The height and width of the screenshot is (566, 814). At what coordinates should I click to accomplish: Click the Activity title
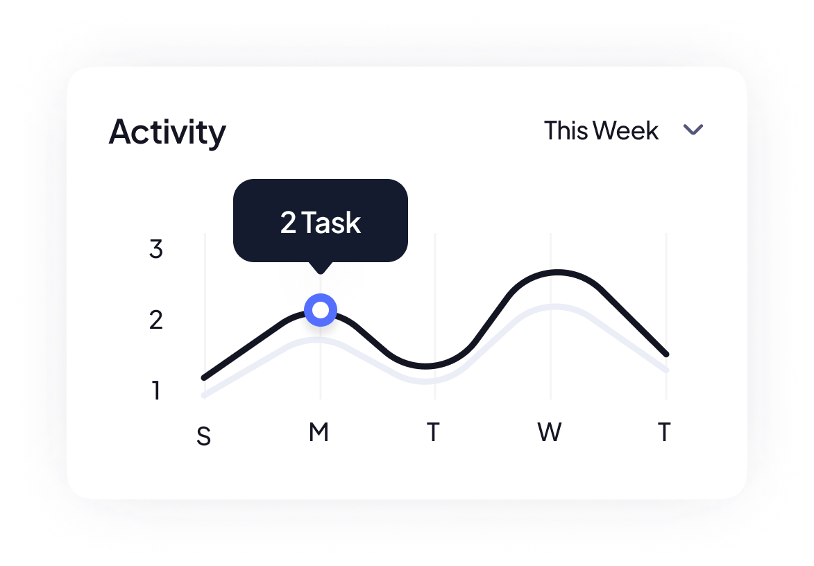point(167,132)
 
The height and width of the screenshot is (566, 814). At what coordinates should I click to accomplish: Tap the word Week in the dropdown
point(626,130)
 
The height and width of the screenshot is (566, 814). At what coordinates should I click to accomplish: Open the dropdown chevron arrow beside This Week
point(693,129)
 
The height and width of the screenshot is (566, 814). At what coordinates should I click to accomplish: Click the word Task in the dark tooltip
point(331,223)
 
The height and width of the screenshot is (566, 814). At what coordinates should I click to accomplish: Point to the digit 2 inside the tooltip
point(288,223)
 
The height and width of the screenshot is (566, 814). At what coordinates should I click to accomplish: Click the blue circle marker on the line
point(321,310)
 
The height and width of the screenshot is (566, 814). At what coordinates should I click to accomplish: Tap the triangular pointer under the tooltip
point(321,268)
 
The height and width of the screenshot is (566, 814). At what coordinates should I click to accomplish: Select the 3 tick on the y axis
point(155,248)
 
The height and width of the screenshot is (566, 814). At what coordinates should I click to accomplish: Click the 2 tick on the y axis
point(155,320)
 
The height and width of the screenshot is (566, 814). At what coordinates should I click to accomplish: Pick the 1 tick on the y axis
point(156,390)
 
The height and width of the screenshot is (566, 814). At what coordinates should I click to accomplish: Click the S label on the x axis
point(204,436)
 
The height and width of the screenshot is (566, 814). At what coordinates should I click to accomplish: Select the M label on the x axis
point(319,431)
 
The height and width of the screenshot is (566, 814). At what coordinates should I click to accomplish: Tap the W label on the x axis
point(549,431)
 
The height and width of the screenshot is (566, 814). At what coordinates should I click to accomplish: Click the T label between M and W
point(433,431)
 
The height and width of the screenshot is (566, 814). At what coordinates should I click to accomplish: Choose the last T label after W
point(664,431)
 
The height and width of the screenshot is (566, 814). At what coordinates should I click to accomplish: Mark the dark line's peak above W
point(557,271)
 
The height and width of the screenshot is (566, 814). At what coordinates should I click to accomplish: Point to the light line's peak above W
point(555,307)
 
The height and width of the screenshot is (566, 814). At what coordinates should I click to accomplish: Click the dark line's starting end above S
point(204,377)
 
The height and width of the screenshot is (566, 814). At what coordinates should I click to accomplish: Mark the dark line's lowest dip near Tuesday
point(425,367)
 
